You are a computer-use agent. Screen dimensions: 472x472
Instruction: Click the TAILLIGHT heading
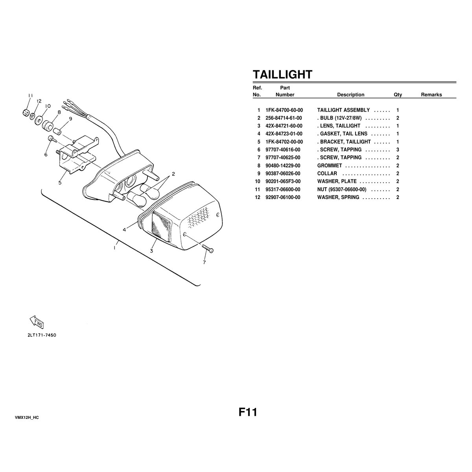click(282, 74)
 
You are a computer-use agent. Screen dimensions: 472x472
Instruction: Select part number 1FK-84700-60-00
click(284, 110)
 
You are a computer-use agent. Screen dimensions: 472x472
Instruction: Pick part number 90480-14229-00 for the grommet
click(283, 166)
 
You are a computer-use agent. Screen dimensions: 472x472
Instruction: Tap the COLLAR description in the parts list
click(327, 173)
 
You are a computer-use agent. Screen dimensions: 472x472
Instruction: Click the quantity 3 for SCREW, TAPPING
click(398, 149)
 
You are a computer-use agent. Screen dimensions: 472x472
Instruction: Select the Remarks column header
click(431, 94)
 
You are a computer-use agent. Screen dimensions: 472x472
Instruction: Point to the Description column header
click(350, 94)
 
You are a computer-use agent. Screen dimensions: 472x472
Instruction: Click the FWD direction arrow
click(37, 322)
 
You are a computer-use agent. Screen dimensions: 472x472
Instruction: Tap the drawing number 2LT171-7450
click(42, 335)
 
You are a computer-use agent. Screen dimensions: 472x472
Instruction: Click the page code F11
click(248, 412)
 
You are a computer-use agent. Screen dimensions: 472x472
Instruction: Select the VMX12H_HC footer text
click(27, 418)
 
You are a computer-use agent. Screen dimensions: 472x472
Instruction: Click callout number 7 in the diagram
click(204, 262)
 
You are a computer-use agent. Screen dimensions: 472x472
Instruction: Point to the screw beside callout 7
click(208, 248)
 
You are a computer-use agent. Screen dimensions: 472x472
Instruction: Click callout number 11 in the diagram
click(30, 96)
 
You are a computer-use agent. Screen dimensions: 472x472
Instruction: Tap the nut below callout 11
click(26, 113)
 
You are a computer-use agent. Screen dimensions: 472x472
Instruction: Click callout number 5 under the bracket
click(60, 183)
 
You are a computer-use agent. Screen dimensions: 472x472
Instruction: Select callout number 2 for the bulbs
click(173, 174)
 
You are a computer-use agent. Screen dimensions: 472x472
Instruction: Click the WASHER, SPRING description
click(338, 197)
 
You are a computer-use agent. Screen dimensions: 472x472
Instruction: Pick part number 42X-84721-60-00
click(284, 126)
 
